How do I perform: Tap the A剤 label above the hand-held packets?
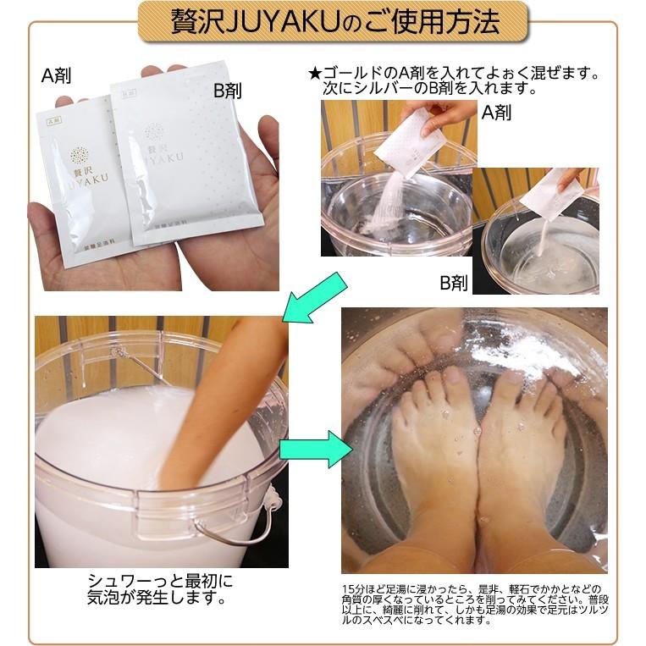click(x=56, y=75)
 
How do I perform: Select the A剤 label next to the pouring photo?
click(x=499, y=110)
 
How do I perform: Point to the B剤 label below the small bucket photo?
click(x=453, y=283)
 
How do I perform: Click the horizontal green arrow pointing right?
click(x=315, y=449)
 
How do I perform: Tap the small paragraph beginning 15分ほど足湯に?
click(x=471, y=604)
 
